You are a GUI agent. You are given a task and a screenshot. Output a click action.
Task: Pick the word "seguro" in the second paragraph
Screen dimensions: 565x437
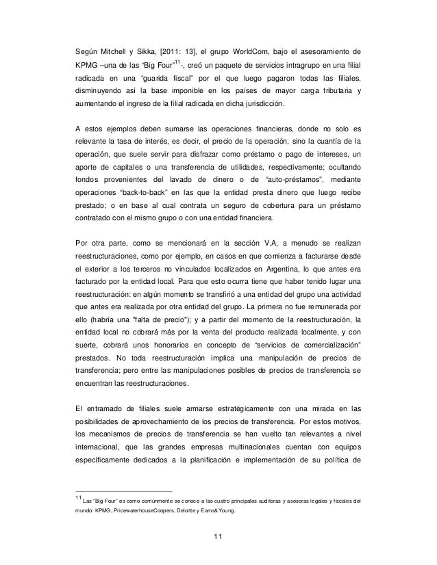[x=239, y=208]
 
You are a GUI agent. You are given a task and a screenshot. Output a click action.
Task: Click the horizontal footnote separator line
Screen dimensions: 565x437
[x=123, y=491]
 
